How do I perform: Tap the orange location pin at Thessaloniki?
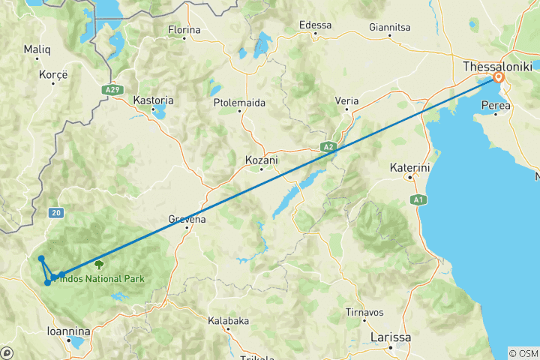pyautogui.click(x=498, y=77)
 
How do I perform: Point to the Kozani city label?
pyautogui.click(x=262, y=160)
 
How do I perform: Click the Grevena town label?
pyautogui.click(x=187, y=219)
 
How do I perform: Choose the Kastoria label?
pyautogui.click(x=153, y=100)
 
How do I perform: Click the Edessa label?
pyautogui.click(x=315, y=25)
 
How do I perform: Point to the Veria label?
pyautogui.click(x=346, y=100)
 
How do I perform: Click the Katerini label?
pyautogui.click(x=409, y=168)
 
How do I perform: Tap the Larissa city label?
pyautogui.click(x=391, y=337)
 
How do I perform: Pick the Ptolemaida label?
pyautogui.click(x=239, y=102)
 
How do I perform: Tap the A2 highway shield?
pyautogui.click(x=328, y=146)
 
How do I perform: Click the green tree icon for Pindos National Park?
pyautogui.click(x=98, y=263)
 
